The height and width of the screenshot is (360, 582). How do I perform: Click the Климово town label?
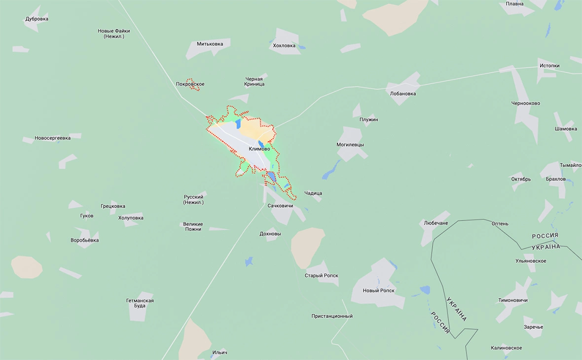259,149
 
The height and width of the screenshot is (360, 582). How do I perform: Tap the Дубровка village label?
37,19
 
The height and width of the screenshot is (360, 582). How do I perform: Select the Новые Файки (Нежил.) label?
114,34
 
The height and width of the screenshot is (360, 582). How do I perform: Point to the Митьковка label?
210,44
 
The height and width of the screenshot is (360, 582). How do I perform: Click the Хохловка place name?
284,46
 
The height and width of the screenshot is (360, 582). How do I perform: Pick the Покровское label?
190,84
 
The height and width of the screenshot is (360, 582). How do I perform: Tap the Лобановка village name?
402,94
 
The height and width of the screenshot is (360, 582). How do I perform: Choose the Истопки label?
549,66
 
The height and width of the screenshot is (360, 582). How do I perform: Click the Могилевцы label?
350,145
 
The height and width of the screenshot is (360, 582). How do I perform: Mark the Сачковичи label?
280,206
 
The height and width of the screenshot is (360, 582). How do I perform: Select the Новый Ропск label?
378,290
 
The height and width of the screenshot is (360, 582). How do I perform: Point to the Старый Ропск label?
321,276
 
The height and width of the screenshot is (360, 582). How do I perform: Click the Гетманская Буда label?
140,303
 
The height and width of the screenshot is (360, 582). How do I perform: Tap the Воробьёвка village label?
84,241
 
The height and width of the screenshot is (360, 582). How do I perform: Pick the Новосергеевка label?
52,138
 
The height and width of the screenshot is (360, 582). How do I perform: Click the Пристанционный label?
332,316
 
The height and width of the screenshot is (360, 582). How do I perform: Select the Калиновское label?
506,348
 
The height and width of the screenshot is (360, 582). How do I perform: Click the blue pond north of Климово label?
238,123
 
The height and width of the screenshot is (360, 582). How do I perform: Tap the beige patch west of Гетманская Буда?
27,267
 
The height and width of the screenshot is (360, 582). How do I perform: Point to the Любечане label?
436,223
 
